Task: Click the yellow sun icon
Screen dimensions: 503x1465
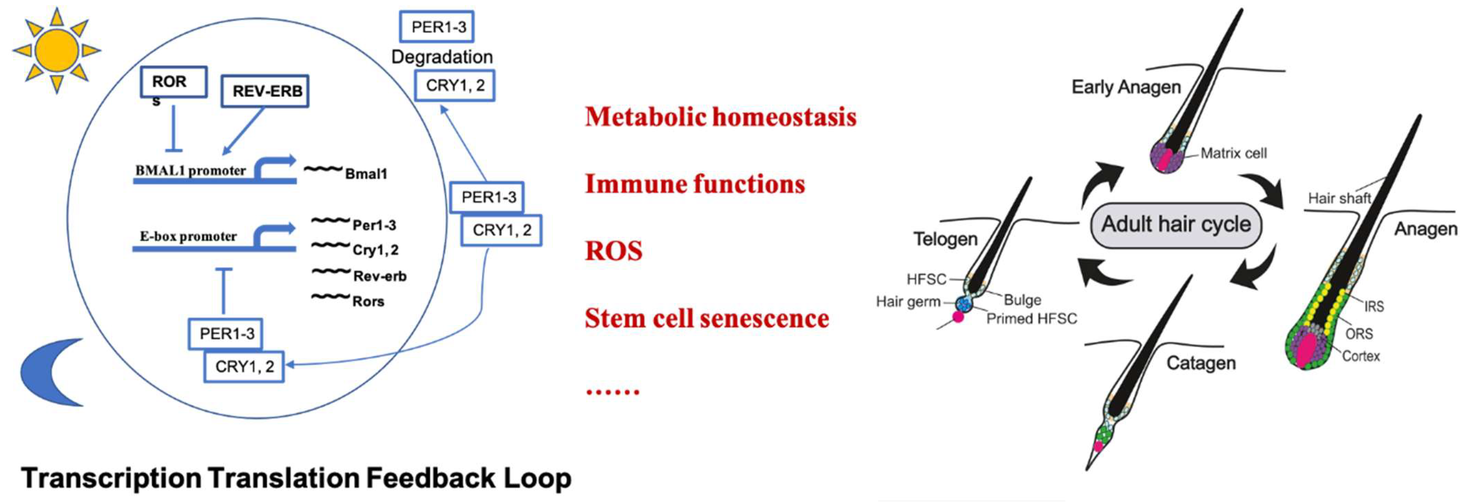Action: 56,50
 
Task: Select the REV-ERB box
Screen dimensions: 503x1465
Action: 265,91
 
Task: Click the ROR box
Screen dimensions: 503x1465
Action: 173,82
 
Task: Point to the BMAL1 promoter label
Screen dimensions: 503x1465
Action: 190,170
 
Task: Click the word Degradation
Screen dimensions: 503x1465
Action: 442,57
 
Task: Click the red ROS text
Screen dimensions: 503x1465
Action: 614,251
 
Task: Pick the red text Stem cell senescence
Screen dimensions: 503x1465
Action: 707,318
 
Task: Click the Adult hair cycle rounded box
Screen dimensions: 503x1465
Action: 1175,225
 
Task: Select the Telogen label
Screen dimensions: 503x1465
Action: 945,239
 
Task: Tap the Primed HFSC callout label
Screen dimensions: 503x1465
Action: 1031,319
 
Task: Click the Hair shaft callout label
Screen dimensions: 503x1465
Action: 1339,198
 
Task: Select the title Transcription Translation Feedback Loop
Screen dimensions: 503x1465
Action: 296,478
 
